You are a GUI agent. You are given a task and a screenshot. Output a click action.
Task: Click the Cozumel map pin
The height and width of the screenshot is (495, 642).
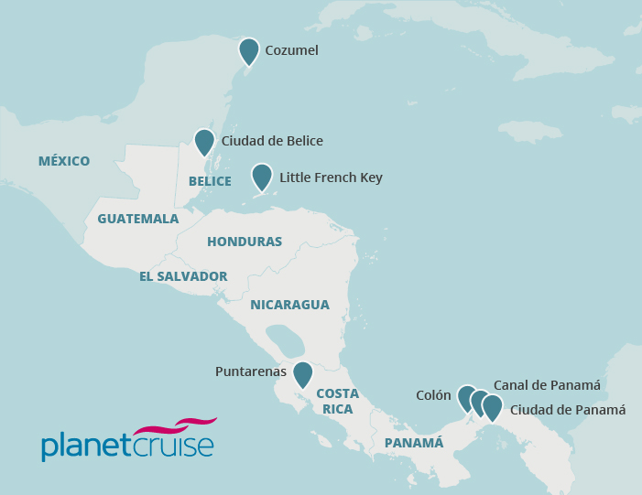[x=248, y=50]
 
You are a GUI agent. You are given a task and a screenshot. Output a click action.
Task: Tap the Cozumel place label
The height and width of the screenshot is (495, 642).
[x=291, y=51]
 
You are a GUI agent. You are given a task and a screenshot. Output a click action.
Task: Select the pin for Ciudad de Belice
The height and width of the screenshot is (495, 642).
[x=204, y=142]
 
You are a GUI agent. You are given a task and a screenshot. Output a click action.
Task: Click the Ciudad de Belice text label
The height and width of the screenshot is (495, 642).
[x=272, y=141]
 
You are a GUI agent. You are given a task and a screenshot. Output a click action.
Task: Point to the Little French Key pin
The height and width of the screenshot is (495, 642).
[x=262, y=177]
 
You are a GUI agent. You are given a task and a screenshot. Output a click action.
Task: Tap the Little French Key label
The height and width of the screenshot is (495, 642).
[x=331, y=178]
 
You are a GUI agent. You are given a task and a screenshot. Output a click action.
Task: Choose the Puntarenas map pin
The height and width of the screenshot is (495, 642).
[x=302, y=374]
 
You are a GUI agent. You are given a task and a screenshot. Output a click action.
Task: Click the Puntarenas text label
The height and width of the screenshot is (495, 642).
[x=251, y=372]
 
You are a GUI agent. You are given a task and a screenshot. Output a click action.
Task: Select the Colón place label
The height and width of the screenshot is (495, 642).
[x=433, y=395]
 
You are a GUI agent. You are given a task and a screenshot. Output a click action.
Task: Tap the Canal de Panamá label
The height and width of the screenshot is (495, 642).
[x=547, y=385]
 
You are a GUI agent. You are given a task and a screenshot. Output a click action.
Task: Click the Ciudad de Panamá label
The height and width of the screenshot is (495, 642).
[x=567, y=410]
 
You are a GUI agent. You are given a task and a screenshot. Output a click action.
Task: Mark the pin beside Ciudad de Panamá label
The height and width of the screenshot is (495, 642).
[x=493, y=407]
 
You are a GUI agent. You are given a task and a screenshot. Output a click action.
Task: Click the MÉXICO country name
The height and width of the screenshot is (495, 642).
[x=64, y=162]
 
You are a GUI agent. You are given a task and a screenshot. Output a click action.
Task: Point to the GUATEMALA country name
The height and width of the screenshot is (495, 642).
[x=137, y=220]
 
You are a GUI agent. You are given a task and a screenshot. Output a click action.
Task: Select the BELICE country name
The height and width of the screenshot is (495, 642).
[x=210, y=182]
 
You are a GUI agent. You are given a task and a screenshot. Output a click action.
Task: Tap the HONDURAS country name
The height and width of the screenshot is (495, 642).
[x=245, y=242]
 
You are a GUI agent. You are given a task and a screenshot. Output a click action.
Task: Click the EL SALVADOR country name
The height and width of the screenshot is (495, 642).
[x=183, y=276]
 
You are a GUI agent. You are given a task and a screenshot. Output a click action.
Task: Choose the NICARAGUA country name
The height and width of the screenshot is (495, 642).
[x=289, y=305]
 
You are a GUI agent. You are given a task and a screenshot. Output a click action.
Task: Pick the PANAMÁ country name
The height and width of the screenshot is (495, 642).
[x=414, y=443]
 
